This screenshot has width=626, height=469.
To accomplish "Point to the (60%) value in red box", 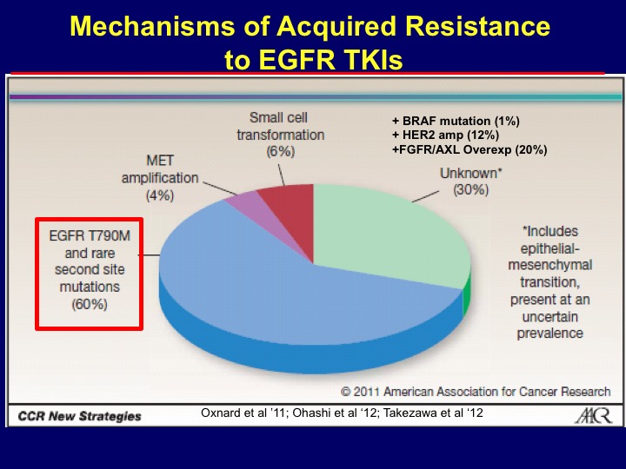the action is click(90, 304).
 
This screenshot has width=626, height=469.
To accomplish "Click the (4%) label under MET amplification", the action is click(160, 195).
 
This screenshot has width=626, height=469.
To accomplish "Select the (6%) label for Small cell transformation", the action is click(281, 151).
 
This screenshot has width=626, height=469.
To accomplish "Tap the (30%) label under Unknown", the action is click(470, 189).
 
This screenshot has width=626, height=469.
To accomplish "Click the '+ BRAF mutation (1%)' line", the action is click(456, 121).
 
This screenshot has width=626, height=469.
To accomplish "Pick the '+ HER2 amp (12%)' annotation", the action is click(445, 135).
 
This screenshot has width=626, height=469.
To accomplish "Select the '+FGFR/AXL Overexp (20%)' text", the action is click(469, 149).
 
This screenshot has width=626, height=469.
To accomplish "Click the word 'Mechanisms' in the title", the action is click(152, 26).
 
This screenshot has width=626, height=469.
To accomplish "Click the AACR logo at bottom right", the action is click(593, 415).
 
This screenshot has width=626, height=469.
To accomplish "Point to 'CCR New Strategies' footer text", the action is click(79, 416).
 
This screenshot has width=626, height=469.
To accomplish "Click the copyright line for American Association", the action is click(476, 392).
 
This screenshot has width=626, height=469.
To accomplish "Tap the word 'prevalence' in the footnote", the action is click(550, 333).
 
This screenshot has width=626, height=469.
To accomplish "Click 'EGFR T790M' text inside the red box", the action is click(90, 235).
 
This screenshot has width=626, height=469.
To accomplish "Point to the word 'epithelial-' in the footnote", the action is click(549, 248).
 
